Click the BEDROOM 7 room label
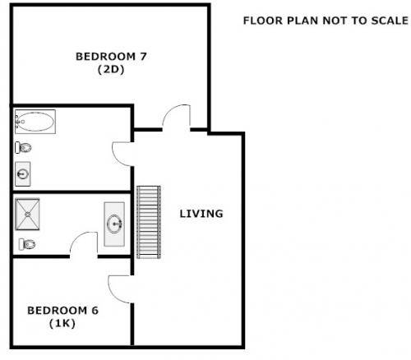(x=111, y=57)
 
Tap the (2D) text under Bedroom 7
(x=111, y=70)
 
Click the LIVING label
(x=201, y=214)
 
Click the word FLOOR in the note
(x=260, y=21)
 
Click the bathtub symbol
(x=35, y=123)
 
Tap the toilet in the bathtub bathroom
(x=23, y=148)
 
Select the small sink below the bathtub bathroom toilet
(x=23, y=173)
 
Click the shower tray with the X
(x=31, y=216)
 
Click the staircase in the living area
(x=148, y=221)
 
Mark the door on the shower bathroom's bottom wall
(x=83, y=243)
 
